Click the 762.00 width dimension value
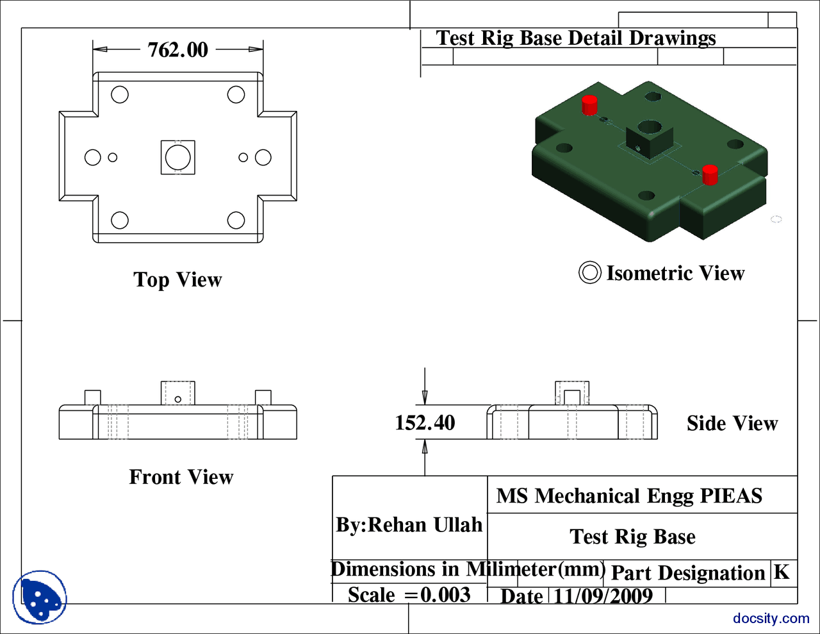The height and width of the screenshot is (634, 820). (177, 50)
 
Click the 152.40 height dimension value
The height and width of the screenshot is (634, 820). (425, 423)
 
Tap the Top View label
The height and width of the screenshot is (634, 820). (177, 280)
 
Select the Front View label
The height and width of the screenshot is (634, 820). (181, 478)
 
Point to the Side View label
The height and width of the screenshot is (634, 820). (732, 424)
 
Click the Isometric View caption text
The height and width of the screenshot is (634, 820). (675, 274)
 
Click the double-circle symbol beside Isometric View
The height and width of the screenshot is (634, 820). (589, 272)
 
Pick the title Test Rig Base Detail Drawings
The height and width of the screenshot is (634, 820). (575, 38)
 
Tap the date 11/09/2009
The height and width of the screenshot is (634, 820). (602, 596)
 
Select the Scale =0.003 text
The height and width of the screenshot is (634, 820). (409, 595)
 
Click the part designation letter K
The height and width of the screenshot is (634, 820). (781, 572)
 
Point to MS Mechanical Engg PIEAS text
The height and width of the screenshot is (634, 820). (629, 496)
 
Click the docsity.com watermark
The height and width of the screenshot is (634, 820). (771, 619)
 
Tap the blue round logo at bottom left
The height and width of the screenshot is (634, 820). (40, 597)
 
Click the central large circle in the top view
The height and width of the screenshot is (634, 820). (177, 157)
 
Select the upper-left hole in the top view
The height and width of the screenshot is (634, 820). (120, 95)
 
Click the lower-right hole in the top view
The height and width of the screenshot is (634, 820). (236, 221)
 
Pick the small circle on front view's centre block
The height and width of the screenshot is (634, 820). (178, 399)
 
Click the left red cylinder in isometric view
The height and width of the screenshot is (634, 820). (589, 104)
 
